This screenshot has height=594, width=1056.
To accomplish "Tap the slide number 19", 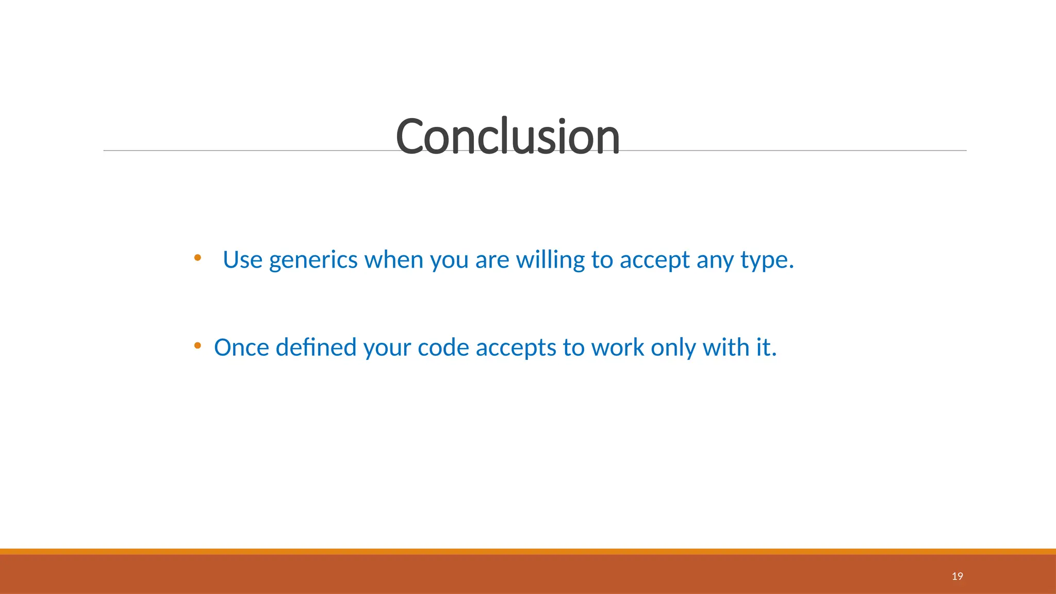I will click(x=957, y=576).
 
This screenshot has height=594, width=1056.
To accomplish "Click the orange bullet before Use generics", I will click(x=197, y=257).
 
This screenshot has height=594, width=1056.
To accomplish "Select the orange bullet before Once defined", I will click(x=197, y=345).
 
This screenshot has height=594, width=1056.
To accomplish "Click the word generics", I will click(x=313, y=260).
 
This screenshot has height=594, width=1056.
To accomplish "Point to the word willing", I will click(x=550, y=260).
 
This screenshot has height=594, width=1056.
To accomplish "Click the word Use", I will click(x=242, y=260).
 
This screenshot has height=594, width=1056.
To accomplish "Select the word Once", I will click(x=241, y=348).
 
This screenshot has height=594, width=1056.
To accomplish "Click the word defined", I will click(x=316, y=348).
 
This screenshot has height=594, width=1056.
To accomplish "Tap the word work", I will click(x=617, y=348).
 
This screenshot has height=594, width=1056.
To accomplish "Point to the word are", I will click(x=492, y=260).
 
